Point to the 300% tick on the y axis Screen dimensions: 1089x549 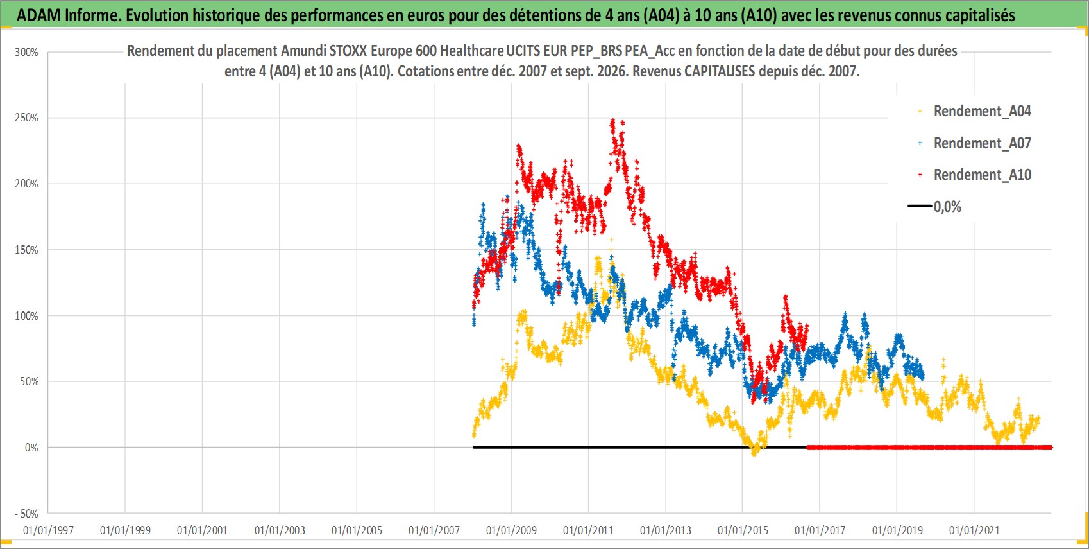coord(26,52)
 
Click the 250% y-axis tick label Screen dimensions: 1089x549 coord(26,118)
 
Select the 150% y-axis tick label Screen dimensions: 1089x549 coord(26,250)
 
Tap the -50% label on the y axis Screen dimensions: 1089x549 coord(26,514)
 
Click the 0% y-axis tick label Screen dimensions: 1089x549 coord(31,448)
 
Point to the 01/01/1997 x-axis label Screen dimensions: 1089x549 coord(48,530)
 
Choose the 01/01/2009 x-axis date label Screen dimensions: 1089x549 coord(511,530)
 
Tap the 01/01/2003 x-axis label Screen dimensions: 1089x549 coord(280,530)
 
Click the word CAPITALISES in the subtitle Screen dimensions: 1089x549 coord(720,71)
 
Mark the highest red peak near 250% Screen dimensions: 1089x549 coord(612,119)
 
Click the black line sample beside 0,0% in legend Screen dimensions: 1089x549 coord(919,206)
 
